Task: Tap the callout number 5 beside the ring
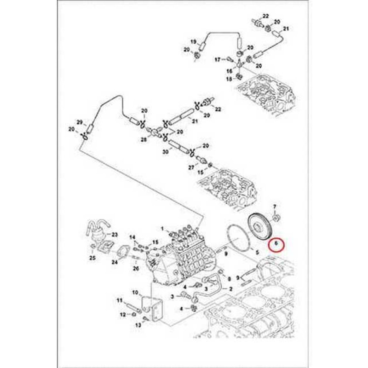257,253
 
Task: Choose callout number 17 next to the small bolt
218,60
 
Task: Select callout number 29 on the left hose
79,122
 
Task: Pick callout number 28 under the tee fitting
143,139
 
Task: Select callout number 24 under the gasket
114,262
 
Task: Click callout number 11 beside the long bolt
119,300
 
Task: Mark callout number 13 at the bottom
138,325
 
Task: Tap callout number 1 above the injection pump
162,228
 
